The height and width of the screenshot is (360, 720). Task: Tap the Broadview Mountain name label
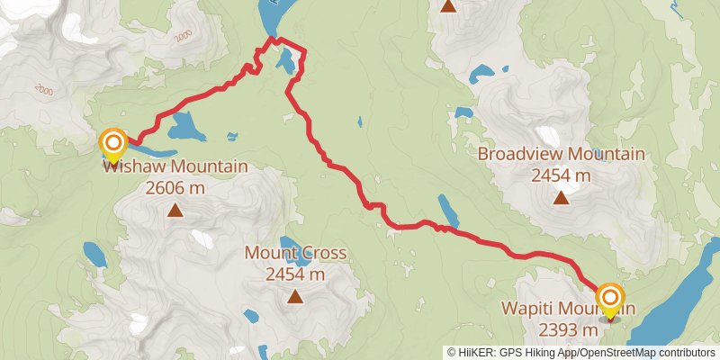pyautogui.click(x=561, y=154)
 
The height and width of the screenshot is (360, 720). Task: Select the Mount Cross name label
pyautogui.click(x=295, y=253)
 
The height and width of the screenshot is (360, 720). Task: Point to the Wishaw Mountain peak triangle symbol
pyautogui.click(x=175, y=211)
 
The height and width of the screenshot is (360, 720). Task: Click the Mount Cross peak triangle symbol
pyautogui.click(x=295, y=295)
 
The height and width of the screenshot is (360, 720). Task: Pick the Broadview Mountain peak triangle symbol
pyautogui.click(x=561, y=196)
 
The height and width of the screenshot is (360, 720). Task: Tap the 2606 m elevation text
pyautogui.click(x=175, y=188)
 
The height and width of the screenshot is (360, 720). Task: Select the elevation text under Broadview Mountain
pyautogui.click(x=561, y=175)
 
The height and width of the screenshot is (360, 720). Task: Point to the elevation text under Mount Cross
pyautogui.click(x=295, y=274)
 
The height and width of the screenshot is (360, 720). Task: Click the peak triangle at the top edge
pyautogui.click(x=449, y=6)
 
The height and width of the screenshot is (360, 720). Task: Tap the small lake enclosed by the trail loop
pyautogui.click(x=285, y=61)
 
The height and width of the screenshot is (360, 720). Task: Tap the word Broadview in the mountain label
pyautogui.click(x=518, y=154)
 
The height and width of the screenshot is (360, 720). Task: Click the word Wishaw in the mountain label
pyautogui.click(x=129, y=166)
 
